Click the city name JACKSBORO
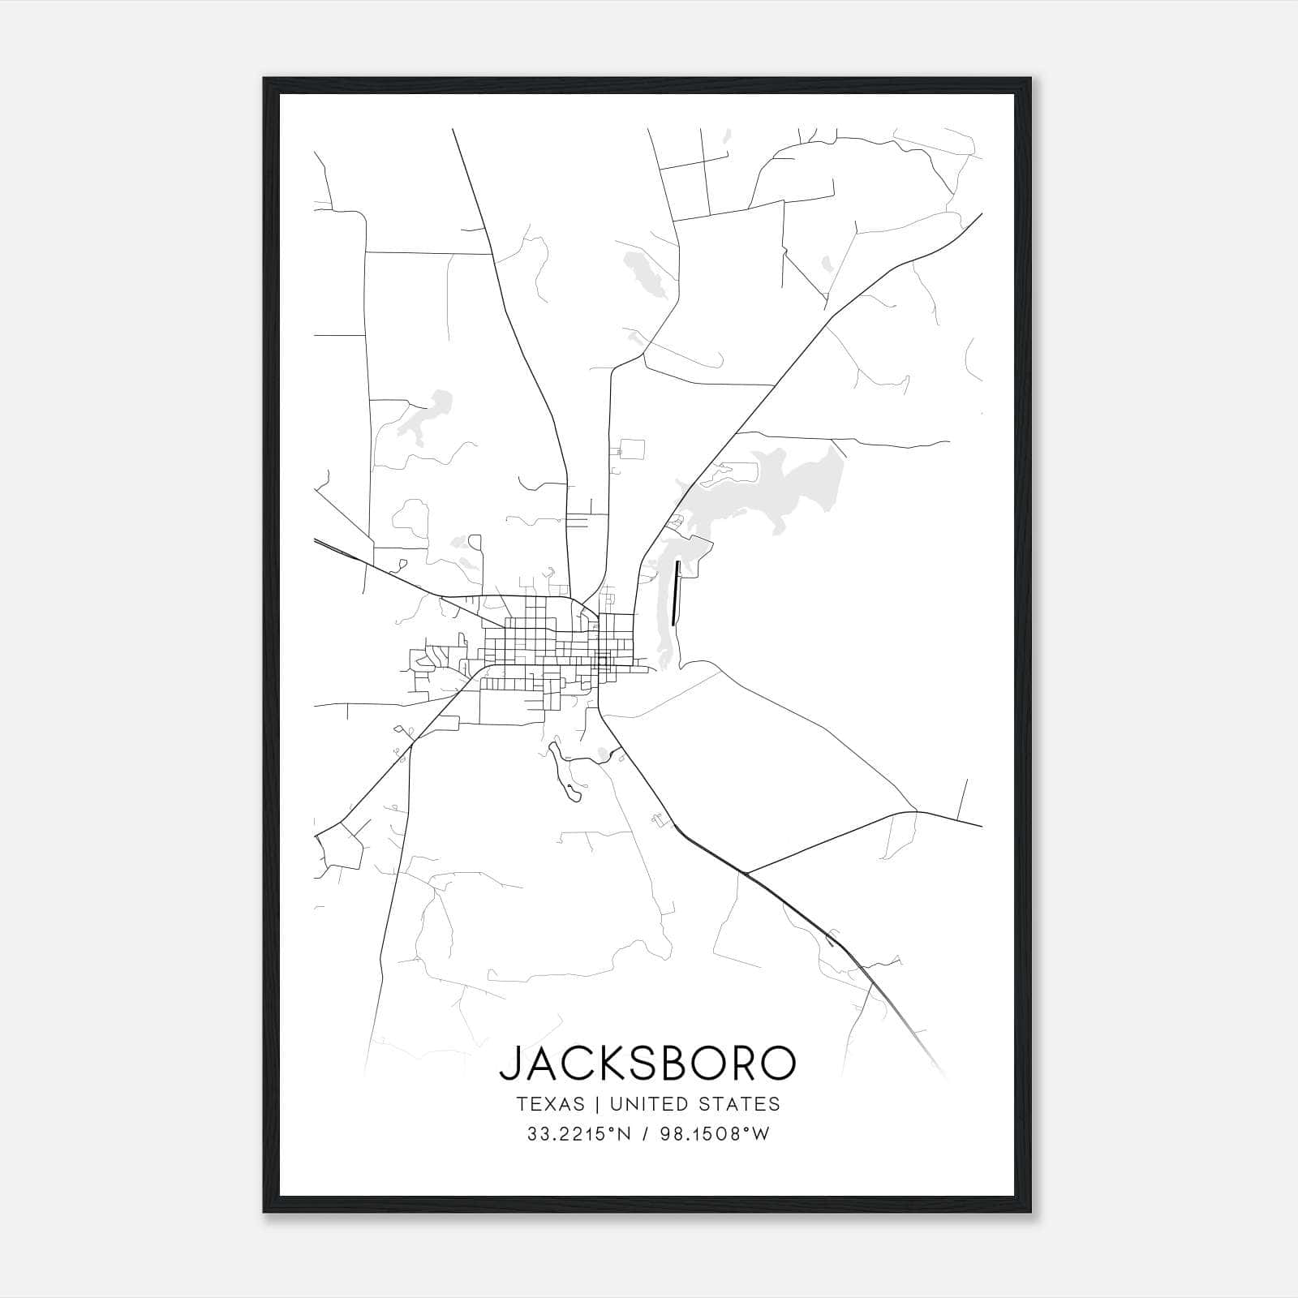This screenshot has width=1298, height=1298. coord(647,1063)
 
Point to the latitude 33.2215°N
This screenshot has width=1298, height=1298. coord(577,1134)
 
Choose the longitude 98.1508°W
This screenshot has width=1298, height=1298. coord(717,1134)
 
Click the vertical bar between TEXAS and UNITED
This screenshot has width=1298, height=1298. coord(596,1104)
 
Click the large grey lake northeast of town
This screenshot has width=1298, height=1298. coord(779,487)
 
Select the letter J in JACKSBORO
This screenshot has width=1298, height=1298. coord(508,1064)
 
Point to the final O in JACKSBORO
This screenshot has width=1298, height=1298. coord(777,1063)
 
